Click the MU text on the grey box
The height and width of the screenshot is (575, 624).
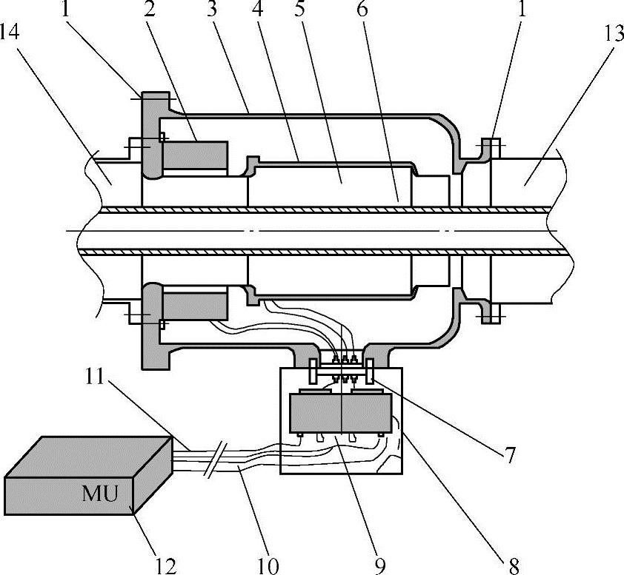(100, 493)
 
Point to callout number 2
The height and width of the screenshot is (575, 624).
(150, 9)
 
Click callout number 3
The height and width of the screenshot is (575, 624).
(213, 9)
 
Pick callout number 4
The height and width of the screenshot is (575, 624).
(258, 9)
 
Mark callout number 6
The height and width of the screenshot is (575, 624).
(362, 9)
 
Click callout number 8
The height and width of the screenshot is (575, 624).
(514, 566)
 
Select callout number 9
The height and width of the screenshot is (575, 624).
(380, 566)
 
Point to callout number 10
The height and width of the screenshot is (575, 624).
(268, 566)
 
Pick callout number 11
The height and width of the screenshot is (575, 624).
(94, 376)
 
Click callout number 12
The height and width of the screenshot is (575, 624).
(166, 566)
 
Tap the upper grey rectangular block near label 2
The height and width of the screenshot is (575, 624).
(196, 155)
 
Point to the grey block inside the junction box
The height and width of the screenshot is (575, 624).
(341, 413)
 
